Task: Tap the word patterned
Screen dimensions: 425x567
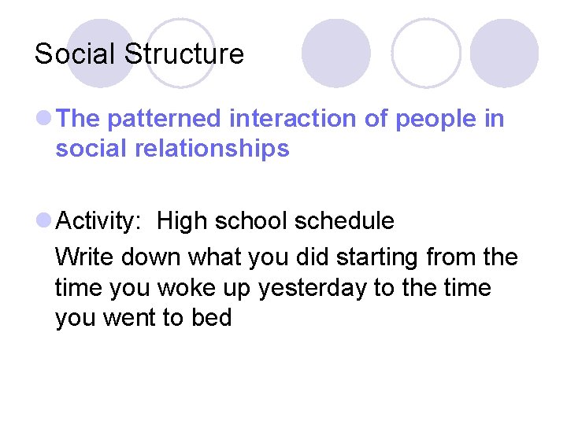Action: [x=167, y=119]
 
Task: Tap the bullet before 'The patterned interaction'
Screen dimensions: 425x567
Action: [x=45, y=119]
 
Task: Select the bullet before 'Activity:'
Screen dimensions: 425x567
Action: [x=45, y=221]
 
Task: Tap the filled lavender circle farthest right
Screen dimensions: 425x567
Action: [x=504, y=53]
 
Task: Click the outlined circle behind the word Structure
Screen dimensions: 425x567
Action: [x=180, y=53]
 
